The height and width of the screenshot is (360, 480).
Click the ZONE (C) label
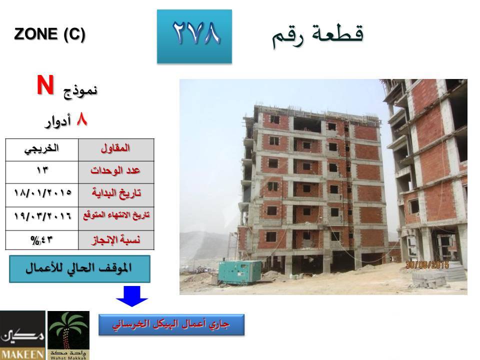(x=49, y=34)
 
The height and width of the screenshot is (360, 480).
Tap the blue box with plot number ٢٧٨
(x=194, y=36)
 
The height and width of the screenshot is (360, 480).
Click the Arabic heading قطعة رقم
(x=318, y=35)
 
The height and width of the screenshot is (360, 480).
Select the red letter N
(x=45, y=85)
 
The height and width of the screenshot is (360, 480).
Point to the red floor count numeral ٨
(x=82, y=119)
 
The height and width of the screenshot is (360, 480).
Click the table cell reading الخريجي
(x=42, y=150)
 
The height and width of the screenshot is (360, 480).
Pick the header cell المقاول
(x=116, y=150)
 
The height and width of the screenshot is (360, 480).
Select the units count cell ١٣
(x=42, y=172)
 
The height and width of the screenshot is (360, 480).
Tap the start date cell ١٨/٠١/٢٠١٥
(x=42, y=195)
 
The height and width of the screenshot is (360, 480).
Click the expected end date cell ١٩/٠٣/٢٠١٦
(x=42, y=218)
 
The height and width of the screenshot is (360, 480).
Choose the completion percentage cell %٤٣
(x=42, y=240)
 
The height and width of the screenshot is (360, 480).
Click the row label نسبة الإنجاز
(x=116, y=240)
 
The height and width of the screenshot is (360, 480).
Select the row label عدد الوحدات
(x=116, y=172)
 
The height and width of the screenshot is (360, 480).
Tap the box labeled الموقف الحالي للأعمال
(x=79, y=269)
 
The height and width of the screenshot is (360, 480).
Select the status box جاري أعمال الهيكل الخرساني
(x=171, y=325)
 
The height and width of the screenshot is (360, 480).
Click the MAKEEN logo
(x=22, y=335)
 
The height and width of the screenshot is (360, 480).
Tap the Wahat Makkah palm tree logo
(x=68, y=335)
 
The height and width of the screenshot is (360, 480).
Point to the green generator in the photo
(x=240, y=272)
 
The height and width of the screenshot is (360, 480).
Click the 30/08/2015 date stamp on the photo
(x=427, y=265)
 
